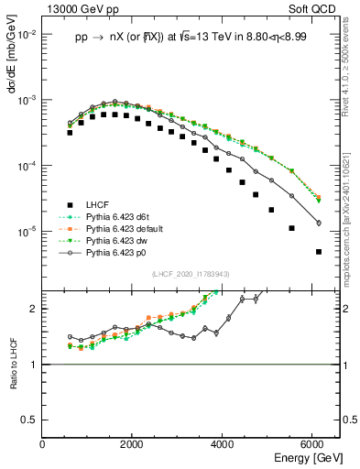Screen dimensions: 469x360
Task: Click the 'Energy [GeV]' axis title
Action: (309, 458)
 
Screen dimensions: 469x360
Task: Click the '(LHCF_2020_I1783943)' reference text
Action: (191, 273)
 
